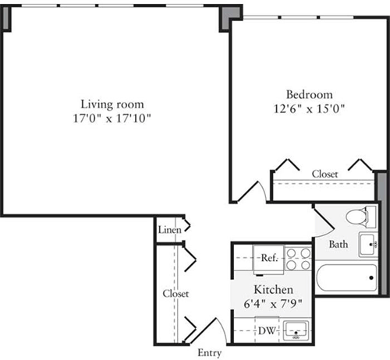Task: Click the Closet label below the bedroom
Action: (x=324, y=174)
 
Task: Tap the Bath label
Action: (x=339, y=244)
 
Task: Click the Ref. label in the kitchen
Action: (x=270, y=257)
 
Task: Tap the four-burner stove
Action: (x=296, y=257)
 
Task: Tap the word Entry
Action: (x=209, y=353)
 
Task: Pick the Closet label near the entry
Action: (x=175, y=294)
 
